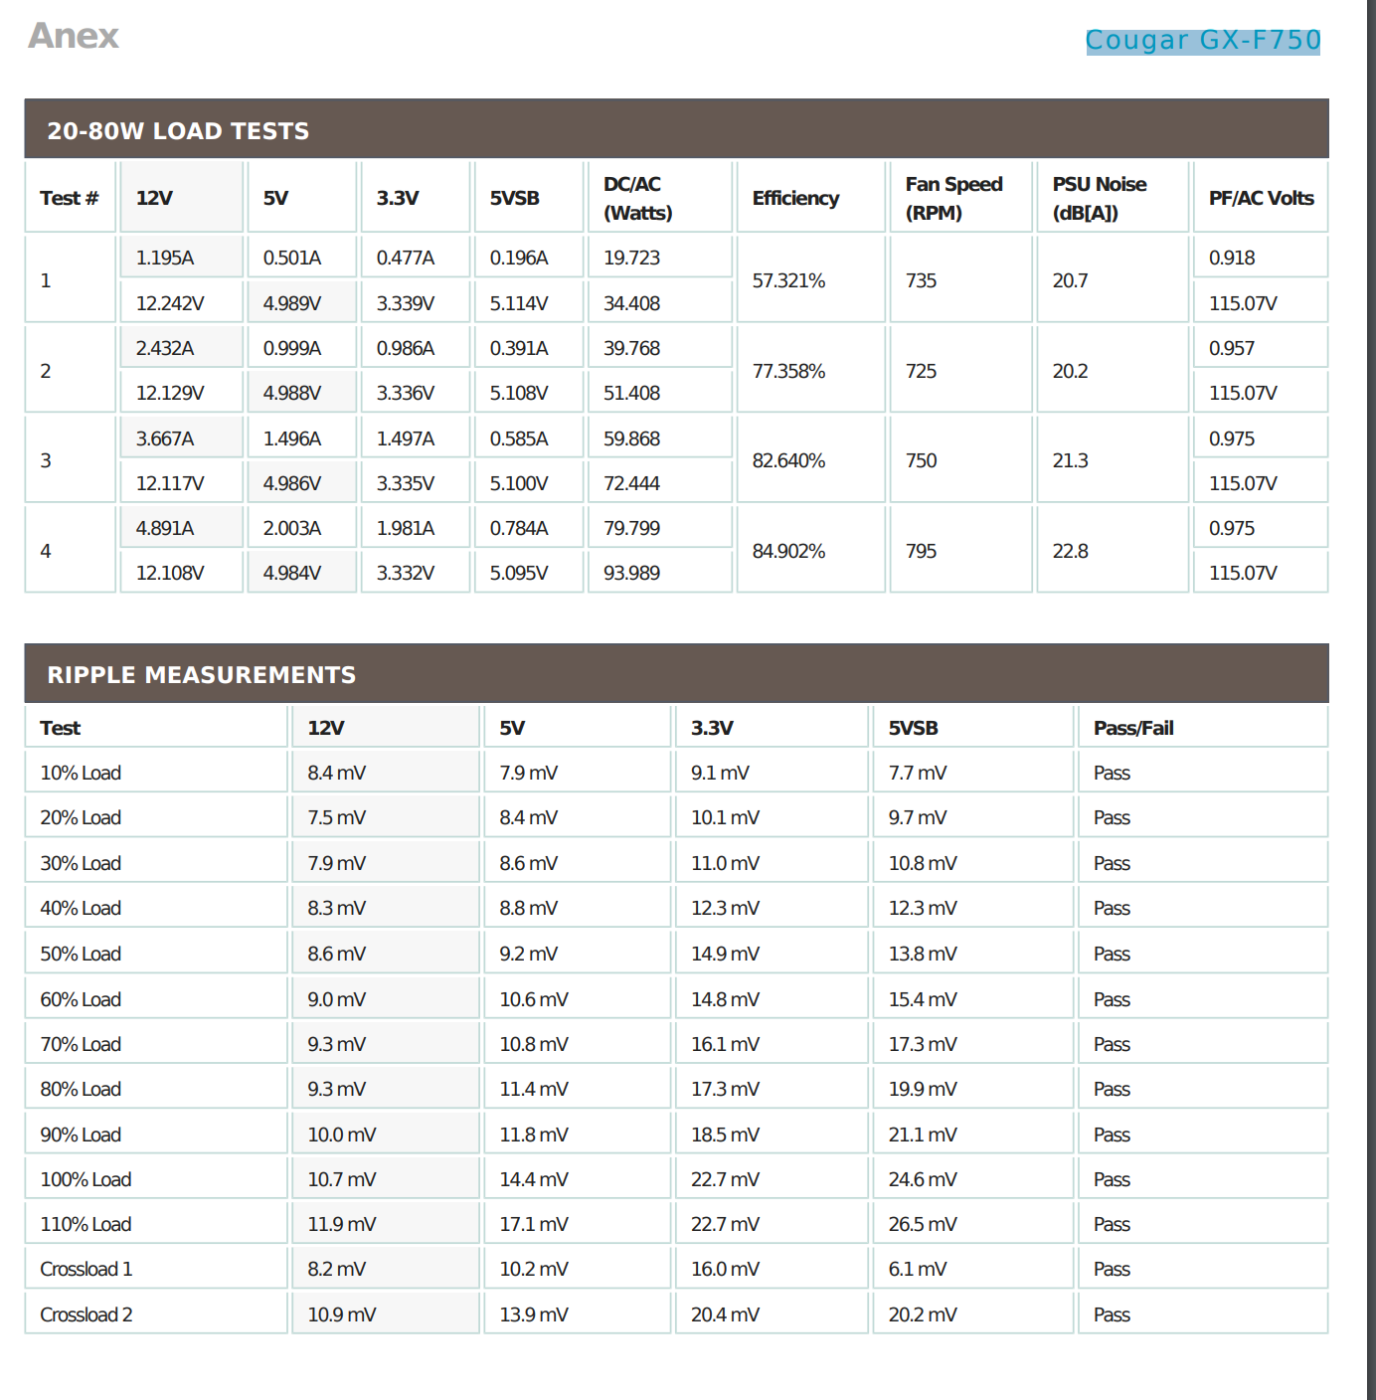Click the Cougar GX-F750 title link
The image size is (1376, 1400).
(1202, 40)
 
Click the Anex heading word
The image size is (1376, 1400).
(74, 36)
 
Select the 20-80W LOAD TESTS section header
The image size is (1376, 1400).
(178, 130)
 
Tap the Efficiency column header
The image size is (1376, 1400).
(795, 198)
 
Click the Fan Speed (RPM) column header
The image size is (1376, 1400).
(953, 198)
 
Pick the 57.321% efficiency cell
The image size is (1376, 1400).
(788, 280)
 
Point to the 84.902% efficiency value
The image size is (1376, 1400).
(788, 551)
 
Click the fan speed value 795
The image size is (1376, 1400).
(921, 551)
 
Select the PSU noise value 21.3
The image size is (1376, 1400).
(1070, 460)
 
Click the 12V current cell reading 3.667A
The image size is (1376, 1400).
(165, 438)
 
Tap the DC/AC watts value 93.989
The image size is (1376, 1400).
(631, 573)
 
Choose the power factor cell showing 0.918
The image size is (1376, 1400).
(1232, 258)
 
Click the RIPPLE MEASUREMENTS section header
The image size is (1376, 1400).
(201, 674)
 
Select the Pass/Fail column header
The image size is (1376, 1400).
(1133, 728)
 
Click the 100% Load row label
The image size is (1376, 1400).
(86, 1179)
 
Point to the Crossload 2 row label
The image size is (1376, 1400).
(86, 1314)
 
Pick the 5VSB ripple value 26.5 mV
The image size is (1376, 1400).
(923, 1224)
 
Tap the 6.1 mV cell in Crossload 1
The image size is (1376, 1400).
(918, 1269)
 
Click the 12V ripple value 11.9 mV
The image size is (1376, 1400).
(342, 1224)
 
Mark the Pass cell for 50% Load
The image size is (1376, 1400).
(1112, 954)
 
